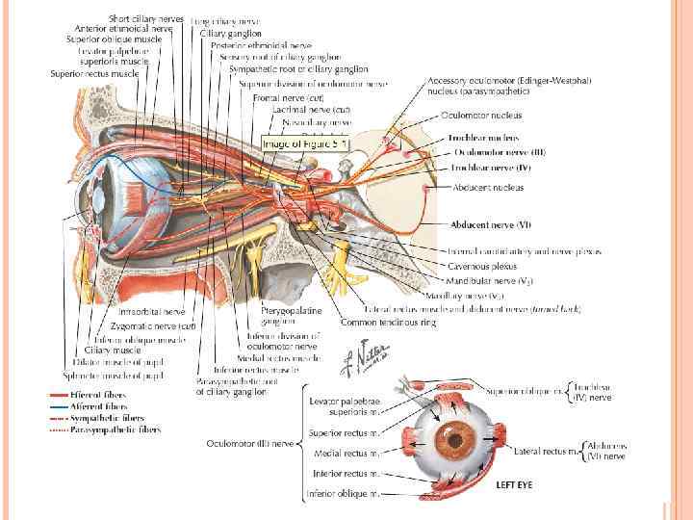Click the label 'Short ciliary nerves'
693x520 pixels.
pos(146,18)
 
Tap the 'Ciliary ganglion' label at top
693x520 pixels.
pos(231,33)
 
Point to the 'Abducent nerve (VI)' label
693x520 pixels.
pos(491,224)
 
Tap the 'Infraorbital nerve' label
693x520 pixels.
pos(151,312)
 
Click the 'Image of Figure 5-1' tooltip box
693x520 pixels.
pos(307,143)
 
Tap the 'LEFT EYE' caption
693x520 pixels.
pos(514,484)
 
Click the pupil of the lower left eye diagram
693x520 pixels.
pos(449,442)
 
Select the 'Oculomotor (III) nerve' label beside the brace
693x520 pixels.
pos(249,443)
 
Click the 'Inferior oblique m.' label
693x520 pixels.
pos(342,494)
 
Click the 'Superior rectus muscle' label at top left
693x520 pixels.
pos(94,72)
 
